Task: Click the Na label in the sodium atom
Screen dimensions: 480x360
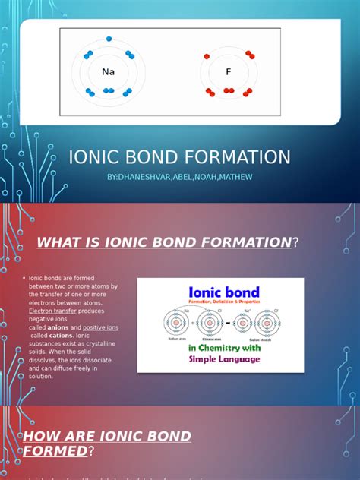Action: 107,72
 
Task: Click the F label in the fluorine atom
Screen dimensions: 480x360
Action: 228,72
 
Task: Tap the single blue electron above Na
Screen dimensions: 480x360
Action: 109,38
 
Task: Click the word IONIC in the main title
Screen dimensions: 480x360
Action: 95,157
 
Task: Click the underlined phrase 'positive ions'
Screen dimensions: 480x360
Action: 100,327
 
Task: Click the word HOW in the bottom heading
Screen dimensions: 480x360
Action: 44,436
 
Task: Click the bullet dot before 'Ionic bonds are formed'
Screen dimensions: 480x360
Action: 24,278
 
